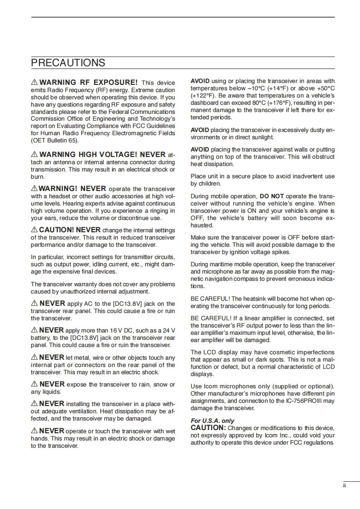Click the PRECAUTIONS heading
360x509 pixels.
[x=68, y=63]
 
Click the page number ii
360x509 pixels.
[x=344, y=485]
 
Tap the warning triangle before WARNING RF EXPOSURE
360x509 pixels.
[x=34, y=83]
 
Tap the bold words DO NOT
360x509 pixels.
[x=271, y=196]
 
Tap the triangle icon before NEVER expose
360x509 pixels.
[x=34, y=384]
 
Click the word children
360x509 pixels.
[x=210, y=184]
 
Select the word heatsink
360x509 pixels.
[x=256, y=299]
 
